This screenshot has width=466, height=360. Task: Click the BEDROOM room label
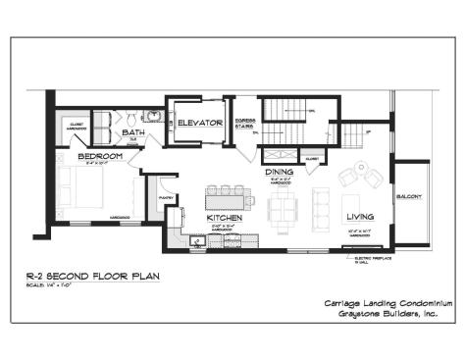[x=101, y=156]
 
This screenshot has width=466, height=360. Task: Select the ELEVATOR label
[x=199, y=123]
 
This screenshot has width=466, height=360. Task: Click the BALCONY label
[x=409, y=197]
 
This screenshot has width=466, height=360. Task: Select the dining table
[x=283, y=207]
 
